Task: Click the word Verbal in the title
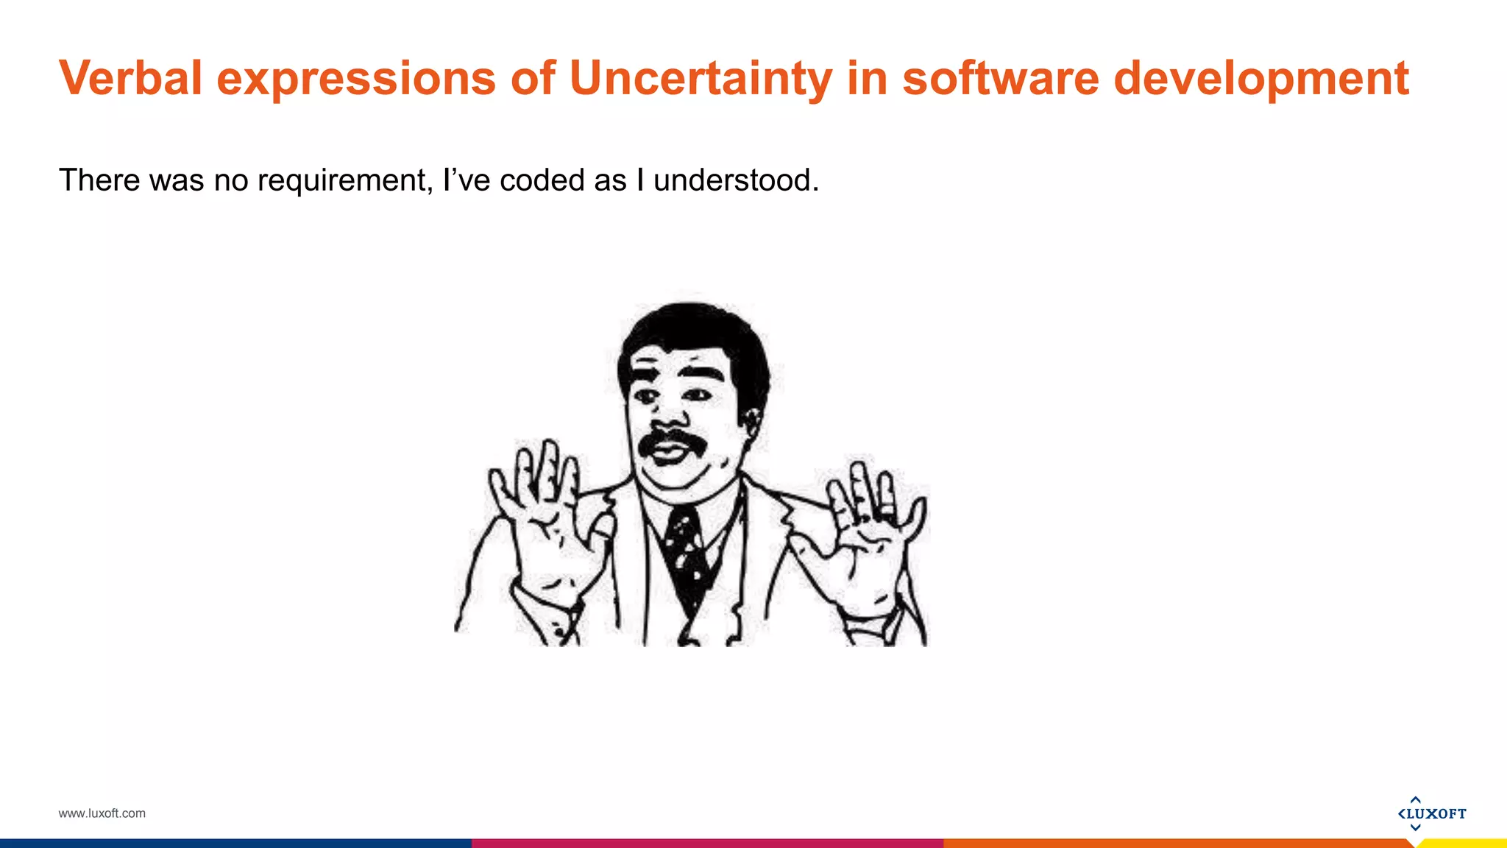coord(130,78)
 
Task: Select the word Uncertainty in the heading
coord(701,78)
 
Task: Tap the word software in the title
coord(1000,78)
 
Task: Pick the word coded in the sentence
coord(542,180)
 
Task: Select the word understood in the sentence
coord(735,180)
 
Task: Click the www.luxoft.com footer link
coord(102,813)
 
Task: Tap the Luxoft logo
coord(1431,813)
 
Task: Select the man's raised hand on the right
coord(872,530)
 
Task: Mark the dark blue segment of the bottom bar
coord(235,843)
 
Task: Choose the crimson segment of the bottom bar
coord(706,843)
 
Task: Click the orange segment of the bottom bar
coord(1177,843)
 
